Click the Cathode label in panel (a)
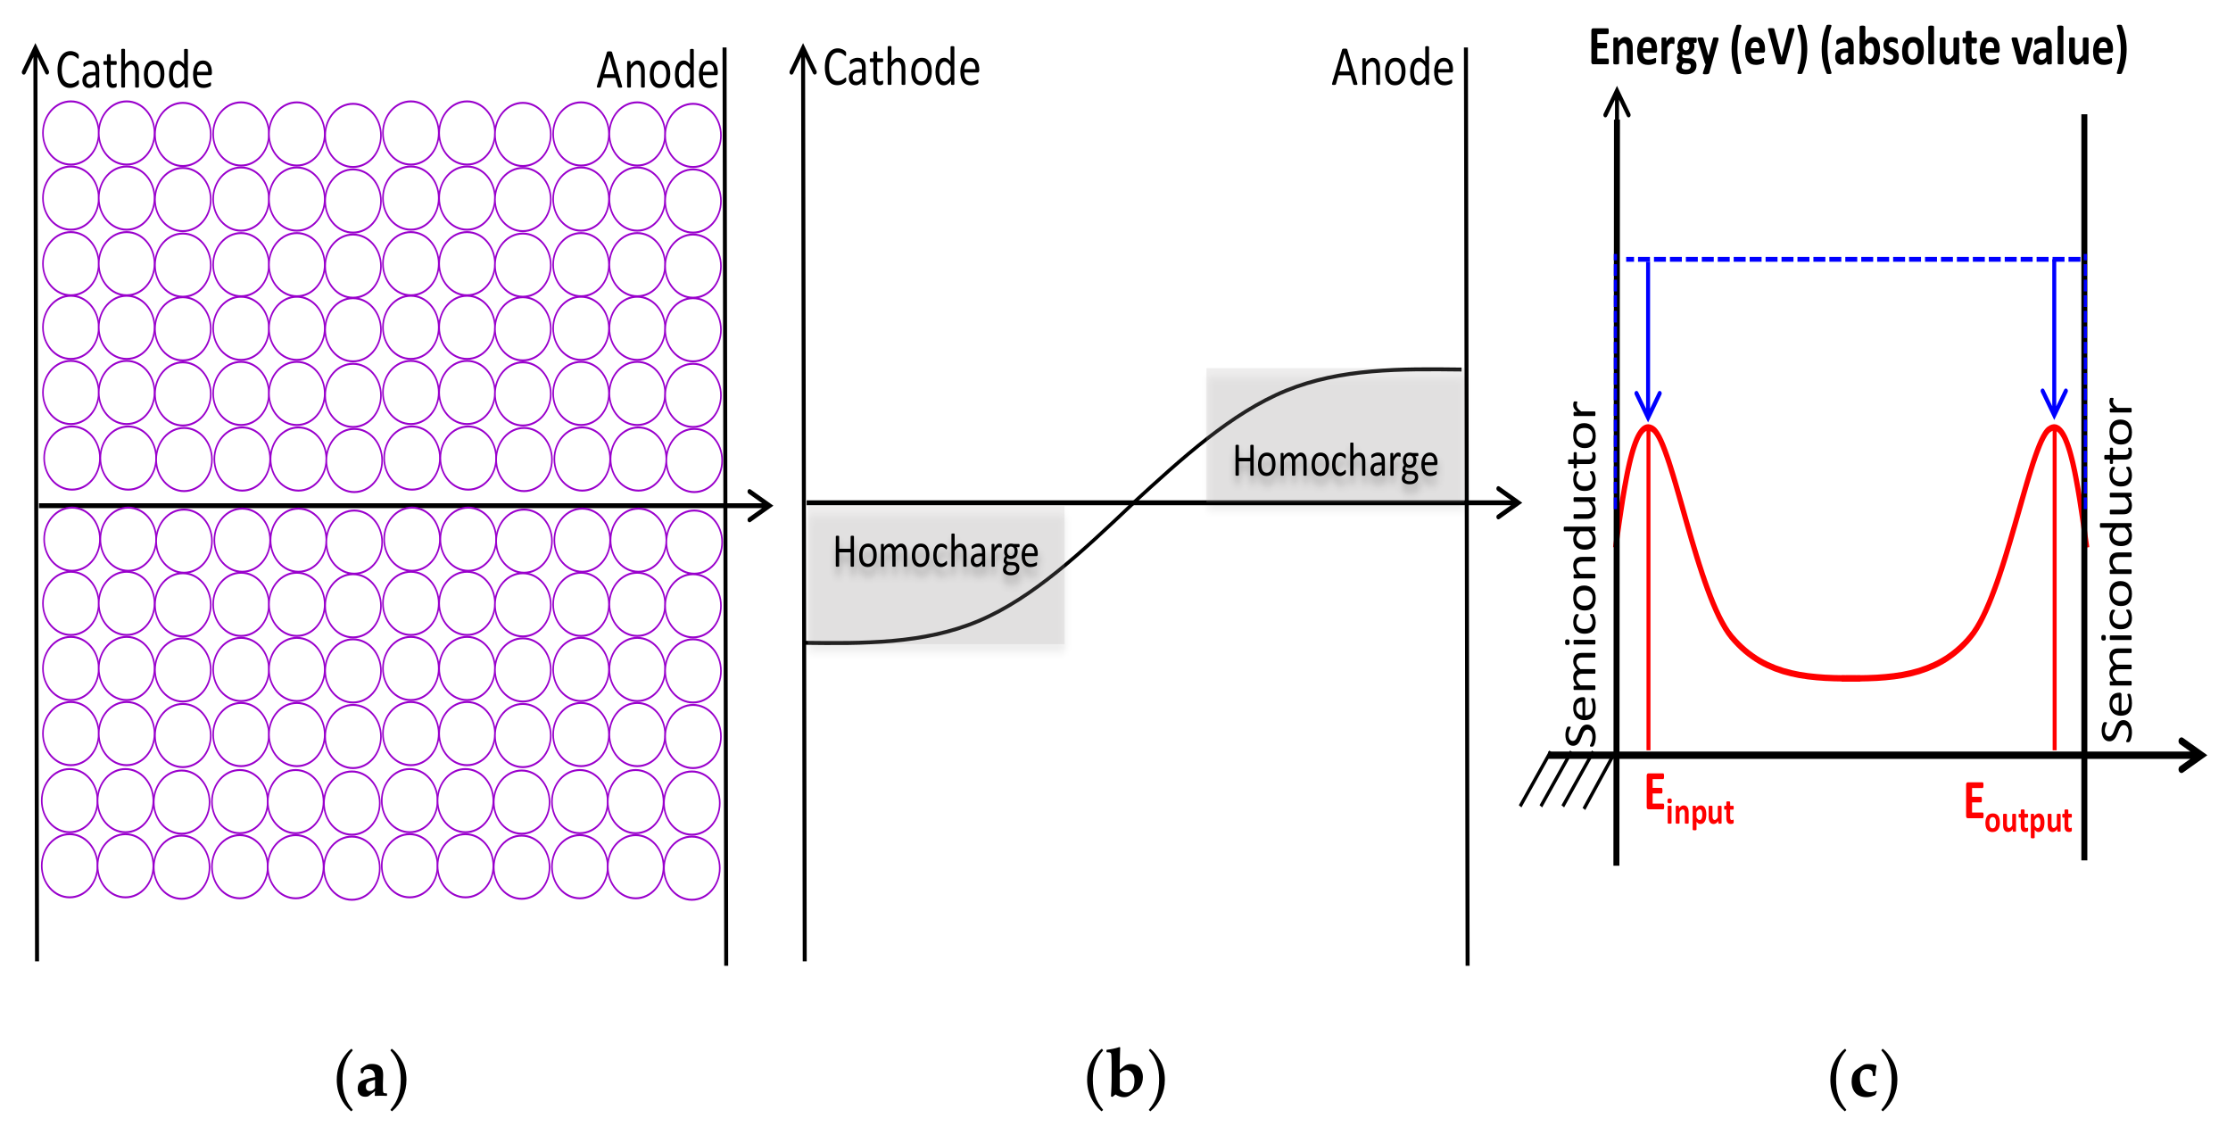[134, 71]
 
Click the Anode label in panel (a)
[658, 71]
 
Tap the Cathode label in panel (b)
[901, 69]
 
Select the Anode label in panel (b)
[1393, 69]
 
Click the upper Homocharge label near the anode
[1335, 462]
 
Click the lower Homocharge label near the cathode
[935, 553]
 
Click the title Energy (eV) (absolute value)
[1858, 48]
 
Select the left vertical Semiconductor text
[1582, 575]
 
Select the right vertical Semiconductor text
[2116, 571]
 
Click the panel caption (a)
[371, 1077]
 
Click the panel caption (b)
[1125, 1077]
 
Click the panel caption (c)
[1863, 1077]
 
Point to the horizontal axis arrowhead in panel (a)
[761, 506]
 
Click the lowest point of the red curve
[1852, 678]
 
